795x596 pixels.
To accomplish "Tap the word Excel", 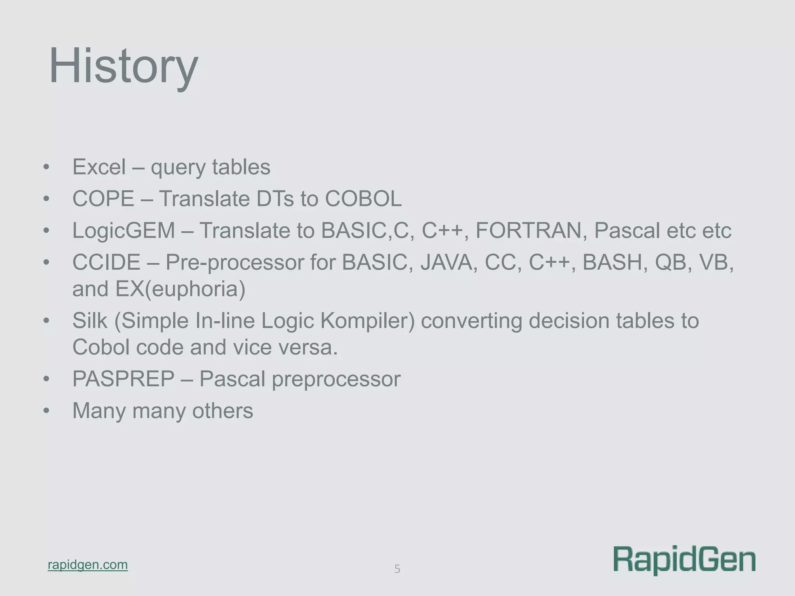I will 99,167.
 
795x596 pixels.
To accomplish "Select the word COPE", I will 103,199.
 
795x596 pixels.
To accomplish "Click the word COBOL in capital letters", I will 363,199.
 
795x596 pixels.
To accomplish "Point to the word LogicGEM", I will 124,231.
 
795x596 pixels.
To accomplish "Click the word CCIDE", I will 106,263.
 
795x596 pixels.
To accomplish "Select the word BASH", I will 614,263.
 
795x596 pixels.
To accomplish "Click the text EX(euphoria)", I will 180,289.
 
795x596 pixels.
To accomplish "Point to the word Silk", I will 90,321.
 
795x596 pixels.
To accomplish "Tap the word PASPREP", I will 123,379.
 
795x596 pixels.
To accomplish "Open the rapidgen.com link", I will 88,565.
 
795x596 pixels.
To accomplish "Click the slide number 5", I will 397,569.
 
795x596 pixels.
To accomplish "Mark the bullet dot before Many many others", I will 47,411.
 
